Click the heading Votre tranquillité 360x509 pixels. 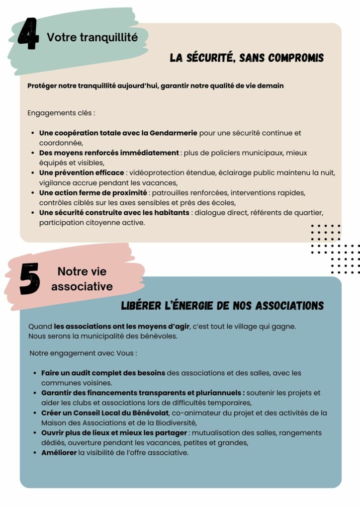(92, 37)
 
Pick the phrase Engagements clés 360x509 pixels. (60, 113)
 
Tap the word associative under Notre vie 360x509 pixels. (82, 286)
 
